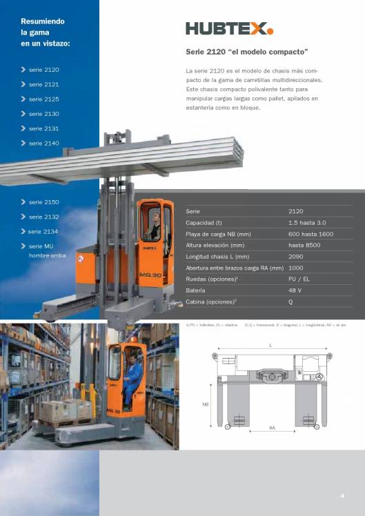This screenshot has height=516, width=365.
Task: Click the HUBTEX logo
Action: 229,28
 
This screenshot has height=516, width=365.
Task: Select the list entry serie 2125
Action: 43,99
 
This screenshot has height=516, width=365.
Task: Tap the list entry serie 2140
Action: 43,143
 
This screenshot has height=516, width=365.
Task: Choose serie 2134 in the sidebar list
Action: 43,232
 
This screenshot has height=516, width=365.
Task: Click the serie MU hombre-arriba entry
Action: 46,250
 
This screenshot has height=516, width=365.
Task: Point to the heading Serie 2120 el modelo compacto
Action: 246,52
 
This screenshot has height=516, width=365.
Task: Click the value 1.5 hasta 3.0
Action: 308,223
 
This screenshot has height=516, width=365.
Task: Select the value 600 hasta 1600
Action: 310,234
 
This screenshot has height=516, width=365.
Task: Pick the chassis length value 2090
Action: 296,256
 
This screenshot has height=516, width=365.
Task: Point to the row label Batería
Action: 197,290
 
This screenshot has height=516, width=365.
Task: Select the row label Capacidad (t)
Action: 204,223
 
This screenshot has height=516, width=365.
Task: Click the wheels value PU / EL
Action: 300,279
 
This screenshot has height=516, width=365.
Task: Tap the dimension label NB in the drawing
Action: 205,404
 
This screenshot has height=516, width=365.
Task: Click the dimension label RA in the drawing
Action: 272,429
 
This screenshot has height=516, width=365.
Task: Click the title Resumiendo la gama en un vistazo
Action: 46,32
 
